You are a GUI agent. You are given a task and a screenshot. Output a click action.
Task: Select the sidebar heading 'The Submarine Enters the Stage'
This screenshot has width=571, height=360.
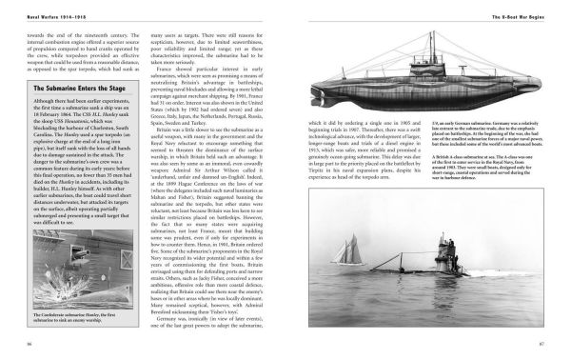point(69,90)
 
